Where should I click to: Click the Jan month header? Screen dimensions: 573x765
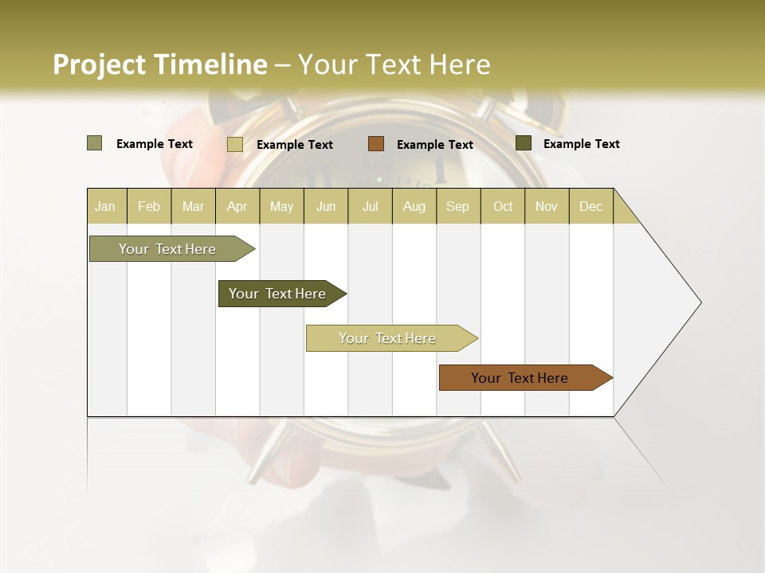coord(105,206)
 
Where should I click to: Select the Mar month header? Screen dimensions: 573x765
coord(193,206)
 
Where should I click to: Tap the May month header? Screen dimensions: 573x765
coord(281,206)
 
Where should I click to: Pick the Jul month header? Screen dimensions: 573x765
coord(370,206)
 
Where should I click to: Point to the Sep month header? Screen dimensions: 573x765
coord(457,206)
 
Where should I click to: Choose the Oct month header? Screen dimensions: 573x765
coord(503,206)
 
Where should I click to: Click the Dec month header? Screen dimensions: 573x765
coord(590,206)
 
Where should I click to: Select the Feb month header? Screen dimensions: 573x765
coord(149,206)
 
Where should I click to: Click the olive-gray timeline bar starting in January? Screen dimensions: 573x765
coord(167,249)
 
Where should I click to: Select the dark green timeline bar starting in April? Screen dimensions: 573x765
coord(277,294)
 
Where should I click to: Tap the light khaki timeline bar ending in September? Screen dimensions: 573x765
coord(387,338)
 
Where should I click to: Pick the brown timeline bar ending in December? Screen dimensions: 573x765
coord(520,378)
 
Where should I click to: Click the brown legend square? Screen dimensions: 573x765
coord(376,143)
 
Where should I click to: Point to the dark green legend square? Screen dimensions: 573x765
coord(524,143)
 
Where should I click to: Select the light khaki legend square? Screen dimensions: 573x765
coord(235,144)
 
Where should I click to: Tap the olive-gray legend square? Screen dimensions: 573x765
coord(95,143)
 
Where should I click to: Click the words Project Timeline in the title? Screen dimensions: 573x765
coord(160,64)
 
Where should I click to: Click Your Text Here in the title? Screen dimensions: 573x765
coord(394,64)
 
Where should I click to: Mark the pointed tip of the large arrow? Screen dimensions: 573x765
coord(700,302)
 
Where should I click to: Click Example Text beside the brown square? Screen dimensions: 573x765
coord(434,144)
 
